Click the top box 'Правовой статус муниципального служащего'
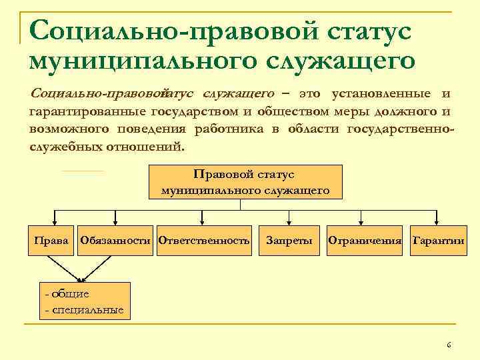point(245,182)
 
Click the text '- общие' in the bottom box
point(67,293)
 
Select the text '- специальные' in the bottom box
point(84,310)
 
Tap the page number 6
point(449,345)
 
